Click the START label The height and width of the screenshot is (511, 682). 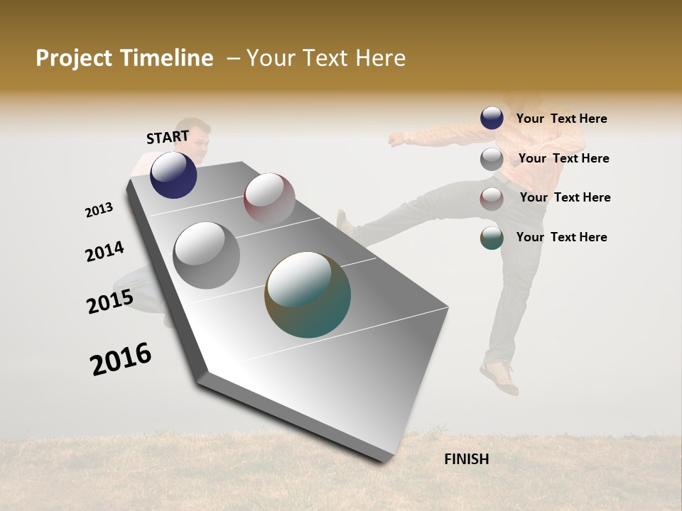pyautogui.click(x=168, y=137)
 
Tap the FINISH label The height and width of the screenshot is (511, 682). pyautogui.click(x=466, y=459)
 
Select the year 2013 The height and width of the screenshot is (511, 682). pyautogui.click(x=99, y=210)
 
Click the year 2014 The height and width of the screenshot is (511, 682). pyautogui.click(x=104, y=251)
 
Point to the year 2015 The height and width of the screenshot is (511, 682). pyautogui.click(x=109, y=302)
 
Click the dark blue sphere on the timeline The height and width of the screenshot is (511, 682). pyautogui.click(x=173, y=175)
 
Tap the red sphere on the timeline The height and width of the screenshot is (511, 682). pyautogui.click(x=269, y=199)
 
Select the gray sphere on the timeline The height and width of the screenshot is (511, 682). pyautogui.click(x=206, y=255)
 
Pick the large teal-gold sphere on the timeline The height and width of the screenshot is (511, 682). pyautogui.click(x=308, y=295)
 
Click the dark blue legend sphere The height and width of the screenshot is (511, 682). pyautogui.click(x=492, y=119)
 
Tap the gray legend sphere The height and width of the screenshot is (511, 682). pyautogui.click(x=492, y=159)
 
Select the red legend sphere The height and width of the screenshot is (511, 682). pyautogui.click(x=492, y=199)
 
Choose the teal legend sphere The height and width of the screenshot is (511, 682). pyautogui.click(x=492, y=238)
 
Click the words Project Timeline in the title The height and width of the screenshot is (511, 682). pyautogui.click(x=124, y=58)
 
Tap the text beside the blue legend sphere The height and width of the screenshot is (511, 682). pyautogui.click(x=561, y=119)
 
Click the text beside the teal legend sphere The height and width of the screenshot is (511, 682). pyautogui.click(x=561, y=237)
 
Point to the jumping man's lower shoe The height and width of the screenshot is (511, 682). pyautogui.click(x=499, y=377)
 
